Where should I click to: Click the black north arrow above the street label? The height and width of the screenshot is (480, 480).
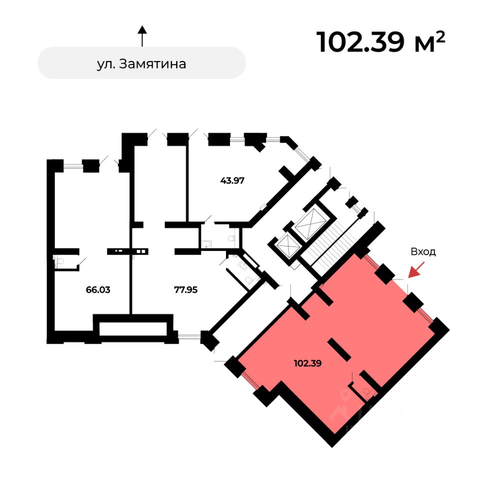click(142, 36)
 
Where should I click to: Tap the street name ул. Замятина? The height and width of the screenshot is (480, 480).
click(141, 64)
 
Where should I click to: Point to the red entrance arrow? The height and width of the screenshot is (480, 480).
click(414, 270)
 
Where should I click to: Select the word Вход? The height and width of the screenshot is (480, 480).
click(423, 252)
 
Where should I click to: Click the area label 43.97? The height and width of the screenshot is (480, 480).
click(232, 180)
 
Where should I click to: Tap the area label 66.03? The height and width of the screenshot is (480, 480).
click(98, 289)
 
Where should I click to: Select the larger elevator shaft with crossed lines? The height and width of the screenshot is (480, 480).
click(310, 222)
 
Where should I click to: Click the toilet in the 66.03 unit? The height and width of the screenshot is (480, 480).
click(58, 261)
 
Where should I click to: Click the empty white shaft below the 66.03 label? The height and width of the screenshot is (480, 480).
click(132, 328)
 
